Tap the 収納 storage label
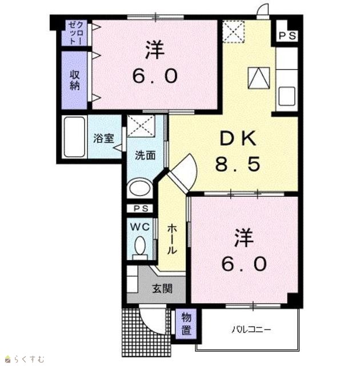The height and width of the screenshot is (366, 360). point(75,80)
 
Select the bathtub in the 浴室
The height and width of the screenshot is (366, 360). point(74,137)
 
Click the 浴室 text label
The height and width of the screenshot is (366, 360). point(103,138)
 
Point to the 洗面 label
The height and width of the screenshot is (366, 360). point(145,156)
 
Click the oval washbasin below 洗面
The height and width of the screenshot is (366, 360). point(140,188)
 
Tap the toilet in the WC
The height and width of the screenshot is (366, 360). point(140,248)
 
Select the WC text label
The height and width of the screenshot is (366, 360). point(139,226)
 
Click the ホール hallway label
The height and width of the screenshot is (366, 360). point(172,239)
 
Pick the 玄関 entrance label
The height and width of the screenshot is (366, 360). point(162,288)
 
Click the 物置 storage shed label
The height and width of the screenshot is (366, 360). point(186,324)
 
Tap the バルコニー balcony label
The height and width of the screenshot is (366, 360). point(251,329)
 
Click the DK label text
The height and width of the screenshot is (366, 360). point(238,139)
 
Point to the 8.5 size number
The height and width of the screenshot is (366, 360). point(238,164)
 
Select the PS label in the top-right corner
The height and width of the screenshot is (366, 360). point(287,36)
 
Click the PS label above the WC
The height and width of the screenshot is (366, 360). point(141,208)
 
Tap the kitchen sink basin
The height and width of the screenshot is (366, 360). point(287,96)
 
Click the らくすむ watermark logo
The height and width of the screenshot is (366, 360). point(25,359)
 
